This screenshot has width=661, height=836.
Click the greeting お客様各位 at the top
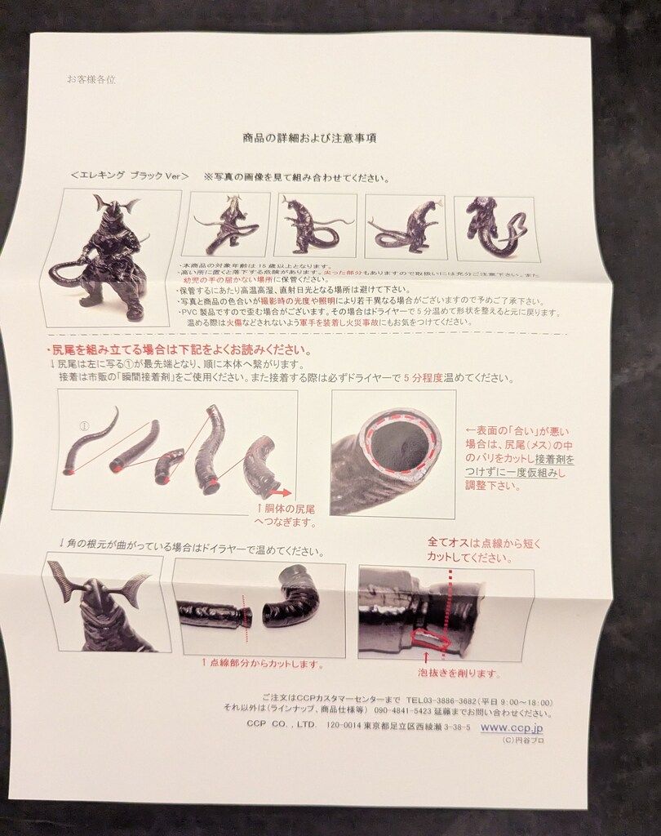coord(91,79)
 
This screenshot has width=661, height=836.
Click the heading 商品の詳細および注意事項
coord(309,139)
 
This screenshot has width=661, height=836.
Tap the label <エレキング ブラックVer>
coord(130,176)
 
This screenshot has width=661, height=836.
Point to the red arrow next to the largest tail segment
coord(282,492)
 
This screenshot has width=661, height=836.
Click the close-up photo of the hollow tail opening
coord(393,453)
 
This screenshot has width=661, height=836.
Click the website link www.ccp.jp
coord(512,727)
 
